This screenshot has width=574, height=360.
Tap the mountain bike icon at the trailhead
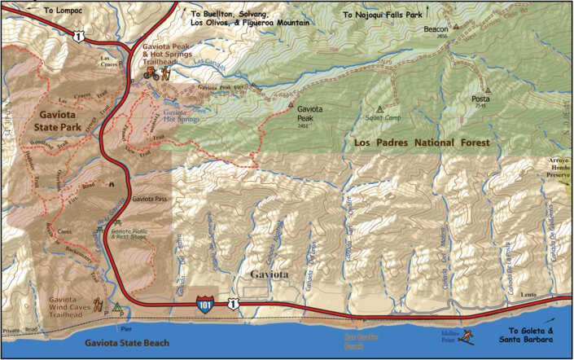150,72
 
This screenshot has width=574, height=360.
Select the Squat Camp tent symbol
379,108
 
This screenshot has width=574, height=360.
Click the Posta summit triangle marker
488,90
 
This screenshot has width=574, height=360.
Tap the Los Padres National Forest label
423,143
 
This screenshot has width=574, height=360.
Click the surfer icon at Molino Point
469,333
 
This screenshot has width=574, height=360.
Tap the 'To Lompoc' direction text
63,11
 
